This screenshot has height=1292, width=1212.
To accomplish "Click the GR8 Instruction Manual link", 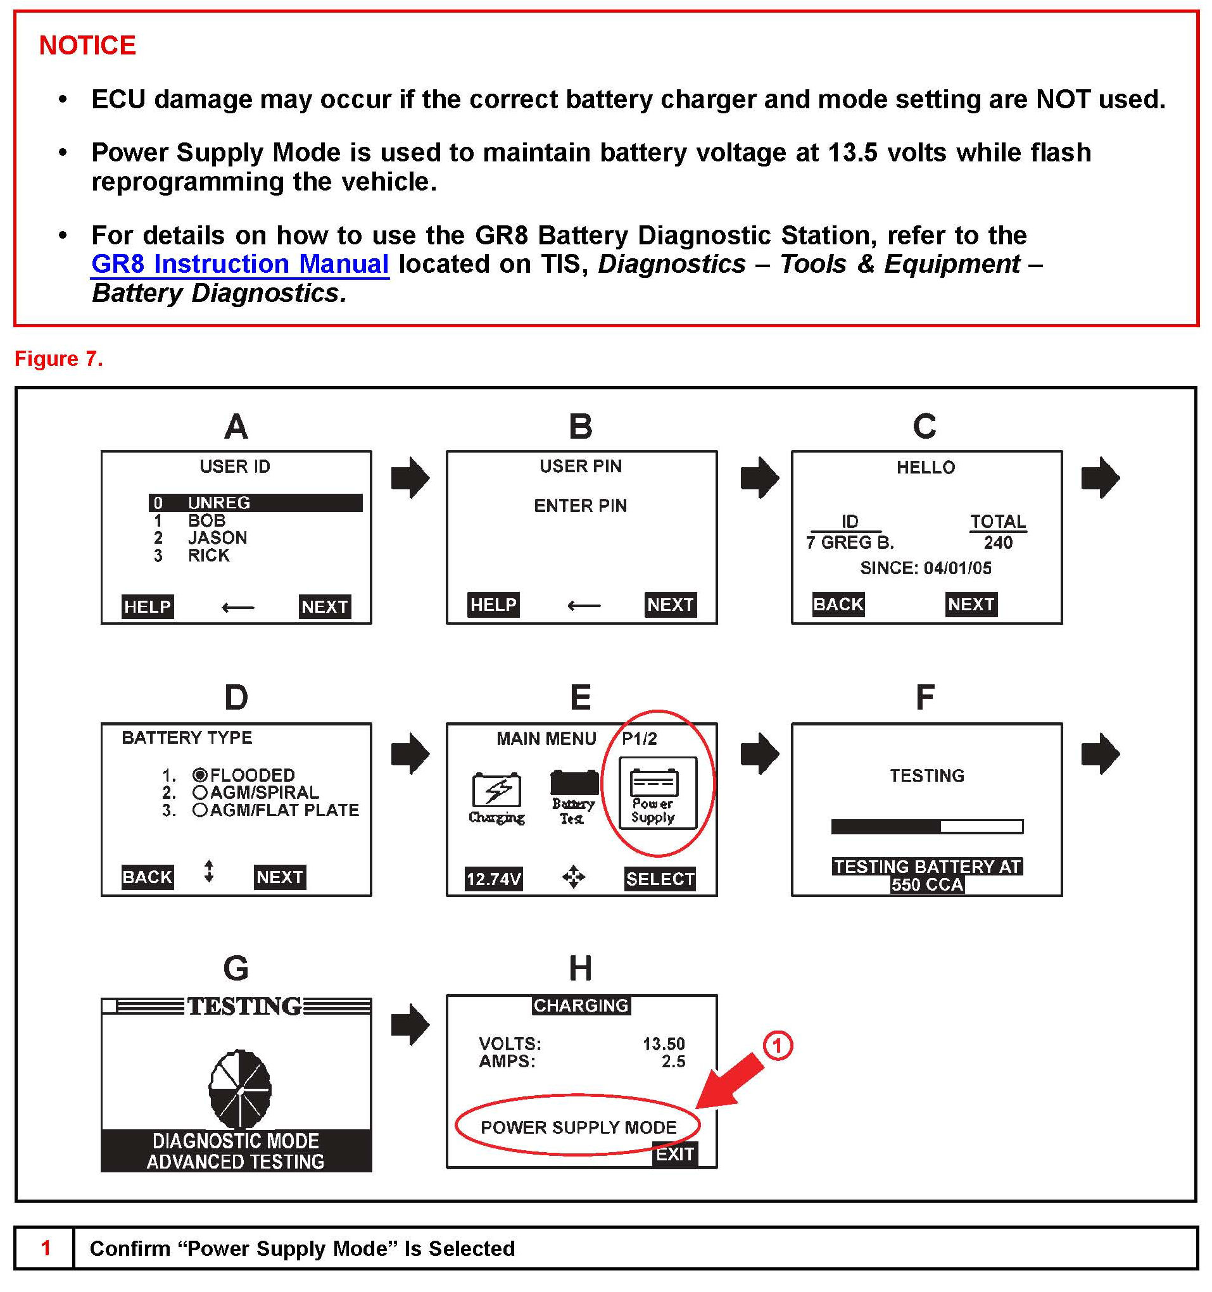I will click(x=240, y=264).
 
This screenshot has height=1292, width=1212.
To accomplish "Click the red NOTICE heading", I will click(x=87, y=46).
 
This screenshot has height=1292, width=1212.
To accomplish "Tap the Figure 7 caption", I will click(x=58, y=359).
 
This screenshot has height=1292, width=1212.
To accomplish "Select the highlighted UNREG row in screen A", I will click(x=255, y=503).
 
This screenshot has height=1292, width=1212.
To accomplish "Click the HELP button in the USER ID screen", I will click(x=147, y=606).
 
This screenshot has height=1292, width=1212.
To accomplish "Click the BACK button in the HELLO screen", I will click(x=838, y=605).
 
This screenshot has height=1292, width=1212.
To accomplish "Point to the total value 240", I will click(x=997, y=543).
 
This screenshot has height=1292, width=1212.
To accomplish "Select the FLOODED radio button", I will click(x=199, y=775).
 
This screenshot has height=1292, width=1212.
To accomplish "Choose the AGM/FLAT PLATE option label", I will click(x=284, y=810).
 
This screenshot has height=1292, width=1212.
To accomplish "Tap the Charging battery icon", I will click(x=496, y=796).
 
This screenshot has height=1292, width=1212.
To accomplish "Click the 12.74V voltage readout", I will click(x=493, y=879).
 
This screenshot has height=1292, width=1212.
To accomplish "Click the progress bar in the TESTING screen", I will click(x=926, y=826).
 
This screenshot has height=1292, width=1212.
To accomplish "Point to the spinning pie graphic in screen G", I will click(x=239, y=1088).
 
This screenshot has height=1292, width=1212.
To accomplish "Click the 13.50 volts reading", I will click(x=663, y=1043).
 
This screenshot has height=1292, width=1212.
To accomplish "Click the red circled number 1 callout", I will click(x=777, y=1046).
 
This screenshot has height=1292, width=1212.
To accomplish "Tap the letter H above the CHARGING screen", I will click(x=580, y=969).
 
